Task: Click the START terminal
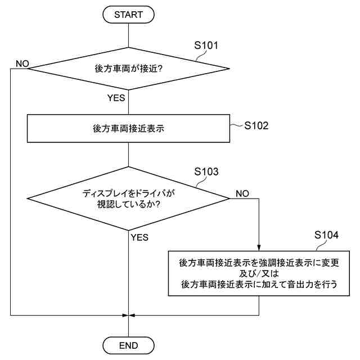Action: (x=129, y=15)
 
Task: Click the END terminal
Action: (x=129, y=345)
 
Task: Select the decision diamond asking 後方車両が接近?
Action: (x=129, y=69)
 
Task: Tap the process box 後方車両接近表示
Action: (x=129, y=128)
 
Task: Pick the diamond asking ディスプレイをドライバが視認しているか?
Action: (x=129, y=198)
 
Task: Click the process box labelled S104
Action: (x=259, y=273)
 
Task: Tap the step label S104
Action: (x=326, y=235)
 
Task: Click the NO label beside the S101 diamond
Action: (x=22, y=63)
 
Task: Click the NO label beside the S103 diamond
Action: (x=242, y=193)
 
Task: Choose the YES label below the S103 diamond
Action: (x=139, y=237)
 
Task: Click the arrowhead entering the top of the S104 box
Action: (x=259, y=248)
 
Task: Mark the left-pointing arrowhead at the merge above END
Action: (x=133, y=315)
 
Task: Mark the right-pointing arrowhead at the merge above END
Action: (x=125, y=315)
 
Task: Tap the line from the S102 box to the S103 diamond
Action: (x=129, y=155)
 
